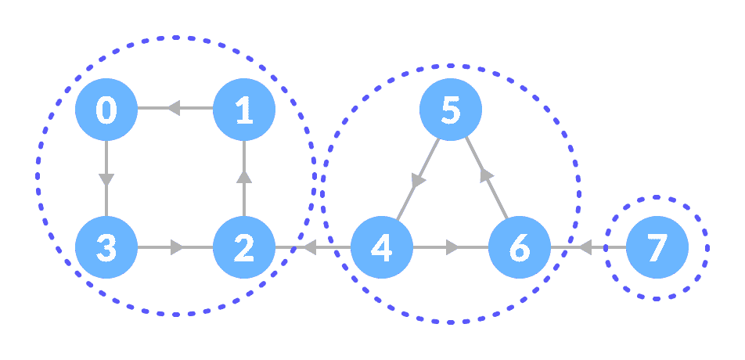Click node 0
(x=106, y=110)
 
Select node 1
(x=244, y=110)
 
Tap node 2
(x=244, y=248)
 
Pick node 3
(x=106, y=248)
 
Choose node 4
(x=381, y=248)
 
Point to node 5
(x=450, y=110)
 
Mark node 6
(x=519, y=248)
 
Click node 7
(x=657, y=248)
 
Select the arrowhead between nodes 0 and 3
(x=106, y=179)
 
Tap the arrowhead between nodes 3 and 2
(x=177, y=248)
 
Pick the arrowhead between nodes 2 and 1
(x=244, y=178)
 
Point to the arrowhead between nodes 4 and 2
(x=308, y=248)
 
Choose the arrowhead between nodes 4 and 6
(x=452, y=248)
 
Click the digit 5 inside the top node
(x=450, y=110)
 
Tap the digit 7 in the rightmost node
(x=657, y=249)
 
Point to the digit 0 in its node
(x=106, y=110)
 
